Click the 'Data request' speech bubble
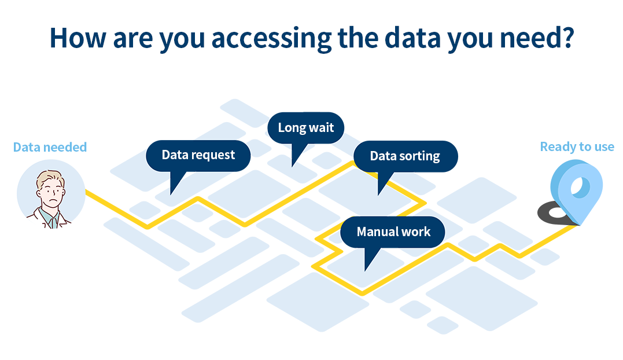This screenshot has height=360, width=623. pos(198,156)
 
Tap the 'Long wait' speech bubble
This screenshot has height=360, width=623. pos(305,128)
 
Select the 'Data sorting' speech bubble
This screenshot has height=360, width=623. pos(405,156)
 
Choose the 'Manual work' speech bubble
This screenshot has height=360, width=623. pos(393,232)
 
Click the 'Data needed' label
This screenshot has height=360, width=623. pos(50,147)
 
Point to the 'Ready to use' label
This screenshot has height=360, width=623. pos(577,147)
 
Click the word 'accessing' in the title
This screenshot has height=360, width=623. pos(271,39)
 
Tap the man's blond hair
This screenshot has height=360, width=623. pos(50,179)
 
